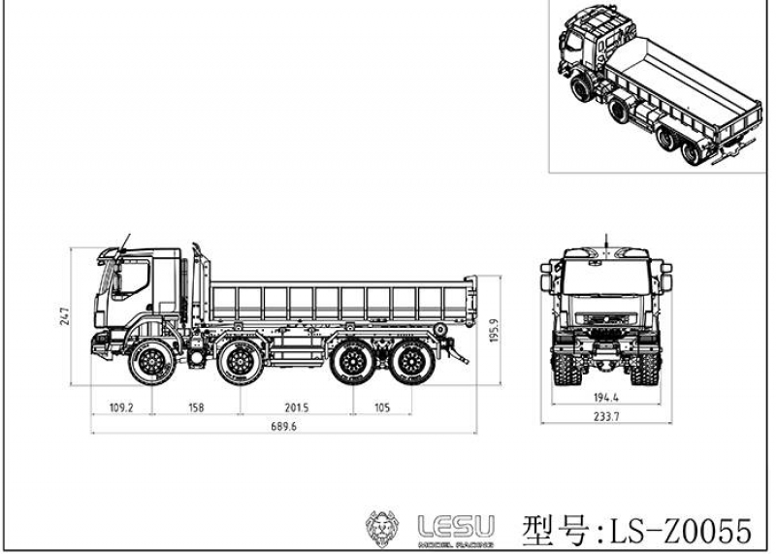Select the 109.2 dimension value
tap(120, 408)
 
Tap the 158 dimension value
tap(196, 408)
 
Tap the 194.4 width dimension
tap(606, 399)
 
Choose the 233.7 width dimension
tap(606, 417)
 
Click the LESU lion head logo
tap(384, 528)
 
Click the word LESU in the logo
tap(455, 525)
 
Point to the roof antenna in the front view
tap(607, 240)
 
